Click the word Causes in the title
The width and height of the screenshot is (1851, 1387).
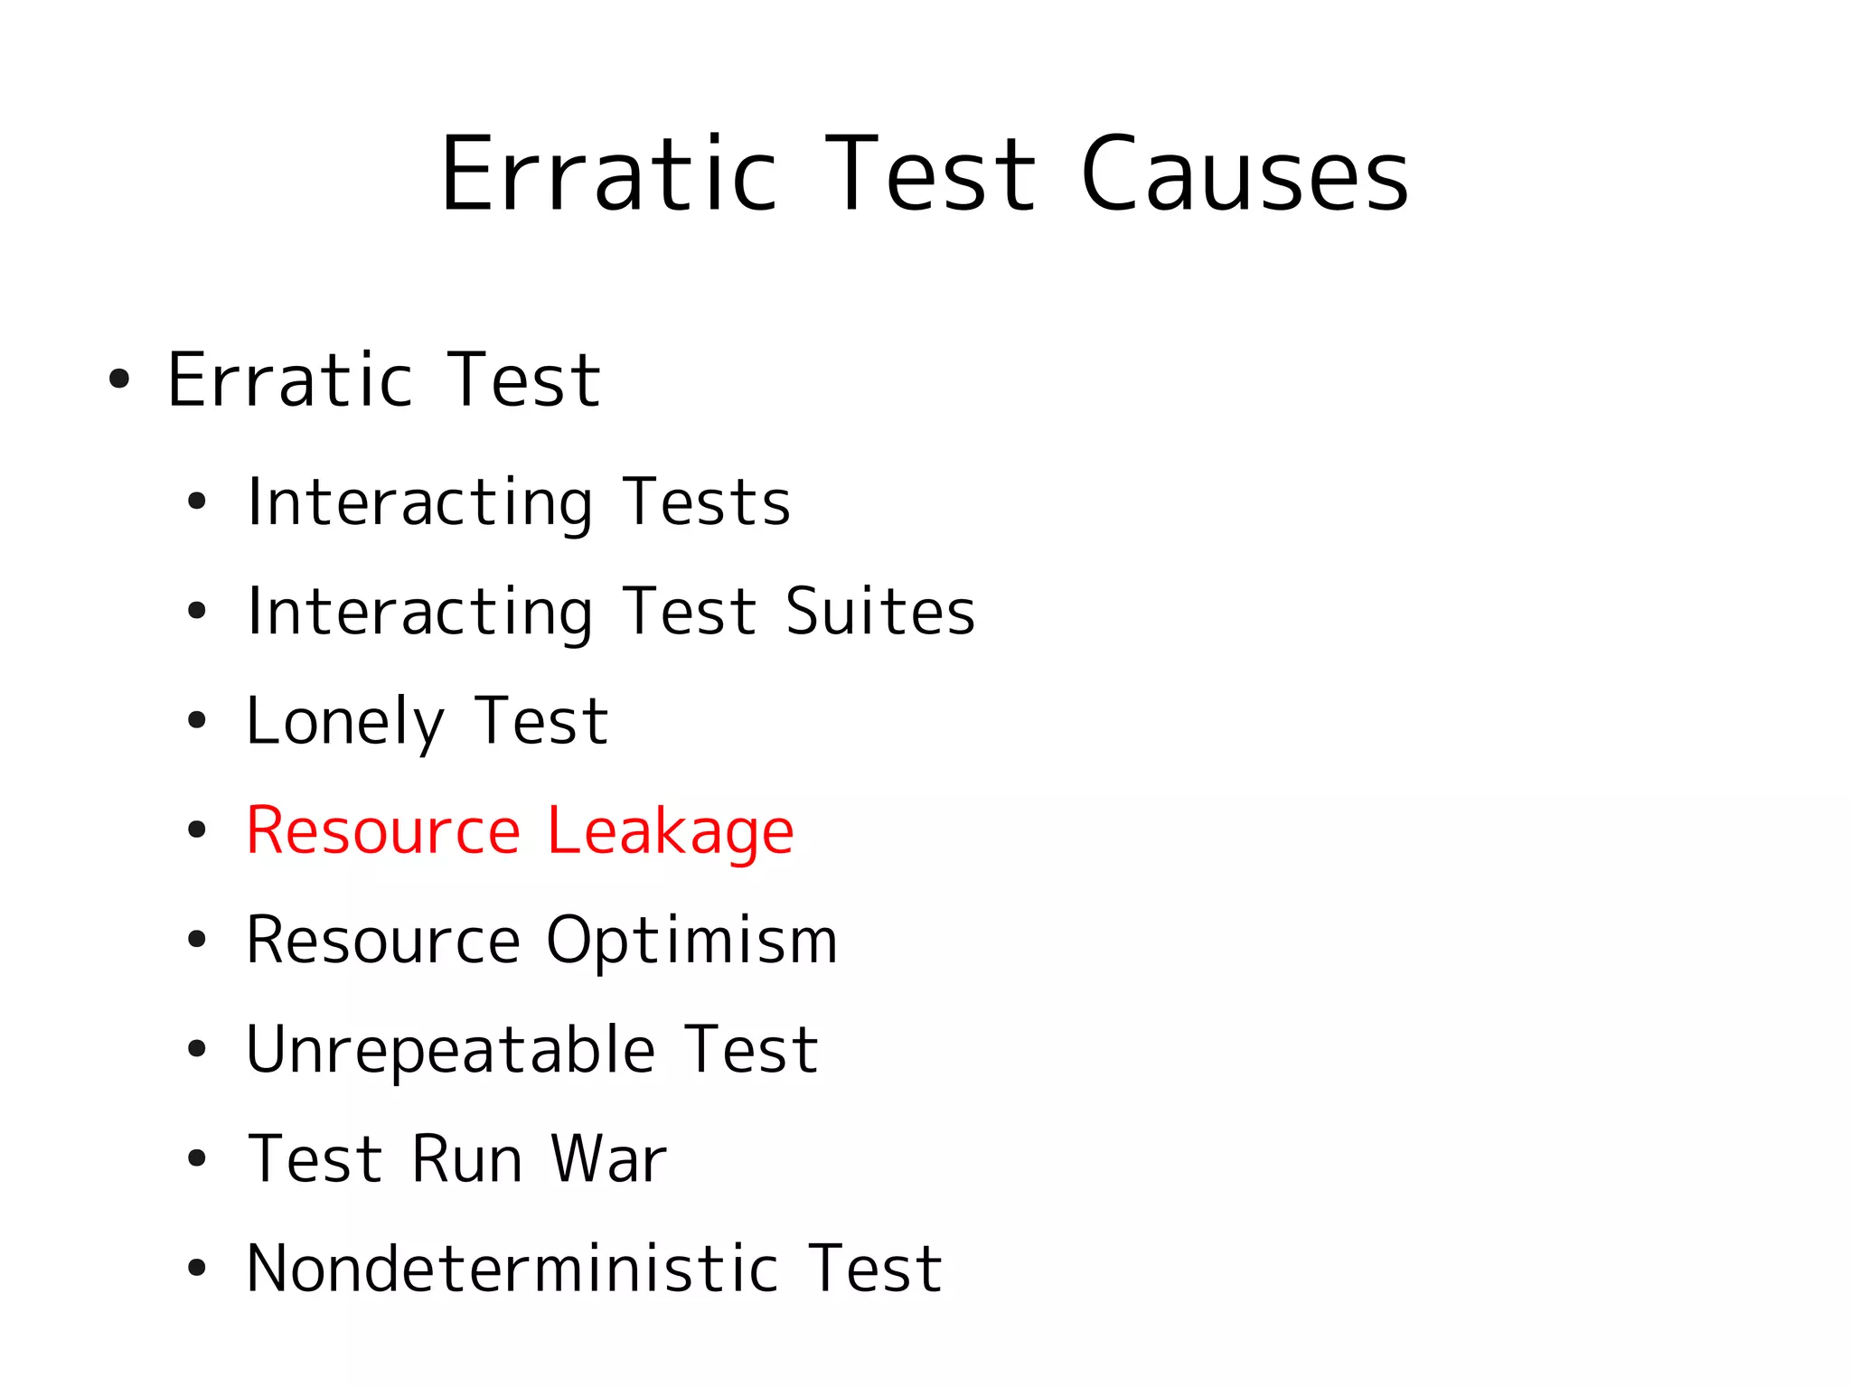[1245, 174]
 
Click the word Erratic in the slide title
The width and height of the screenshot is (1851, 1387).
[608, 174]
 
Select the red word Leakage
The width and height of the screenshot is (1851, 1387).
[670, 831]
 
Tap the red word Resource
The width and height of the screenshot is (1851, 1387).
[383, 831]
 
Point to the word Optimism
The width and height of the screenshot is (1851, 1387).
[691, 942]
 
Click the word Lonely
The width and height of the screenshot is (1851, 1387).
[345, 722]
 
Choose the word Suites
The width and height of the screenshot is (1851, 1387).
[880, 612]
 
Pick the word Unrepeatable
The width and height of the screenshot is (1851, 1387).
[450, 1051]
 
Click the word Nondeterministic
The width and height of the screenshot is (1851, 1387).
[512, 1270]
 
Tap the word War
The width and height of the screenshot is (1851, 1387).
[609, 1159]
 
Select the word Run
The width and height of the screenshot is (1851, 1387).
[466, 1159]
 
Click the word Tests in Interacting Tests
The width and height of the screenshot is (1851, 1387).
[707, 502]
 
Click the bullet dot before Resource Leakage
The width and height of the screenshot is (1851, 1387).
[197, 830]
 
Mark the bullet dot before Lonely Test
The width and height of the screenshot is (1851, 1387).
[197, 721]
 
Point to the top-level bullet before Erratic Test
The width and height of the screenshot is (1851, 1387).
[119, 380]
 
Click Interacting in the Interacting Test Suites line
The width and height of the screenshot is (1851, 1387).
[419, 612]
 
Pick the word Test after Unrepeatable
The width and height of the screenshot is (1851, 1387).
[751, 1051]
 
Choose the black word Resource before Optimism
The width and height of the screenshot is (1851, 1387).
[383, 942]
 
